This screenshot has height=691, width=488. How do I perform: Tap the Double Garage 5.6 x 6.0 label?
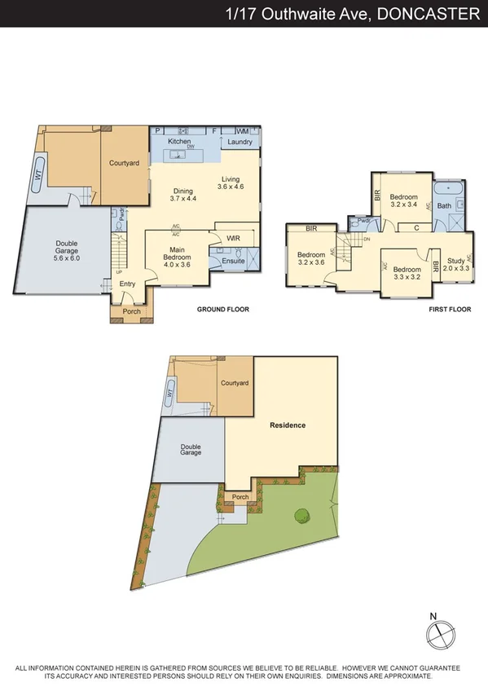pos(66,249)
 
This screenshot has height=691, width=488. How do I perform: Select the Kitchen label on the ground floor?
pos(179,142)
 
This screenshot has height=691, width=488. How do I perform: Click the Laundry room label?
pos(240,142)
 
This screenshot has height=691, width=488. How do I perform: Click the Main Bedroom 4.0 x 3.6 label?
pos(177,257)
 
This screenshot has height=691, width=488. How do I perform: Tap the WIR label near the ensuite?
pos(233,238)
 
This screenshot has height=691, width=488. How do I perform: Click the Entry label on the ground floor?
pos(128,284)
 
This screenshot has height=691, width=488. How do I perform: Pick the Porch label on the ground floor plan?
pos(131,311)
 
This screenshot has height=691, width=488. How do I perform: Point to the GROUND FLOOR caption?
pos(222,310)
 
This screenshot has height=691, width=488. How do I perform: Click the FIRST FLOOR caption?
pos(450,310)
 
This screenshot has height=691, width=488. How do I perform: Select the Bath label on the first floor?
pos(444,206)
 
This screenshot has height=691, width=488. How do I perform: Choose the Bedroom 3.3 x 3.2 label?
pos(407,273)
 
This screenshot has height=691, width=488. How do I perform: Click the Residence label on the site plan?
pos(288,425)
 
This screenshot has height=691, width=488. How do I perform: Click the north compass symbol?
pos(439,632)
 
